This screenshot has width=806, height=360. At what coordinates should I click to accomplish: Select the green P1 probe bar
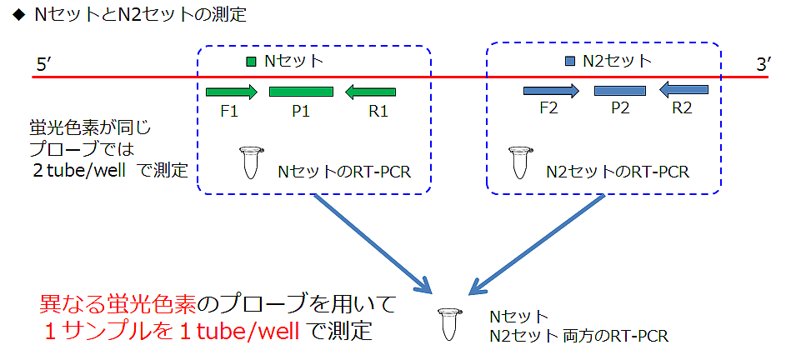pyautogui.click(x=301, y=92)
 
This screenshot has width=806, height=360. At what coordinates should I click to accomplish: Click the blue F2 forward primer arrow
pyautogui.click(x=550, y=91)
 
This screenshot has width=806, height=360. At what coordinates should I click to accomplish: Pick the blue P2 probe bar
pyautogui.click(x=620, y=90)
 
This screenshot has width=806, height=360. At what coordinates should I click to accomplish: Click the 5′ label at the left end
pyautogui.click(x=46, y=64)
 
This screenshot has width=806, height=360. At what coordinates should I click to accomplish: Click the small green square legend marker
pyautogui.click(x=252, y=61)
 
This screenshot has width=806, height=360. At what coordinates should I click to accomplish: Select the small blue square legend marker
pyautogui.click(x=570, y=61)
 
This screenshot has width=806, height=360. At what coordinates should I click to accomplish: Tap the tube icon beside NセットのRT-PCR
pyautogui.click(x=248, y=162)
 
